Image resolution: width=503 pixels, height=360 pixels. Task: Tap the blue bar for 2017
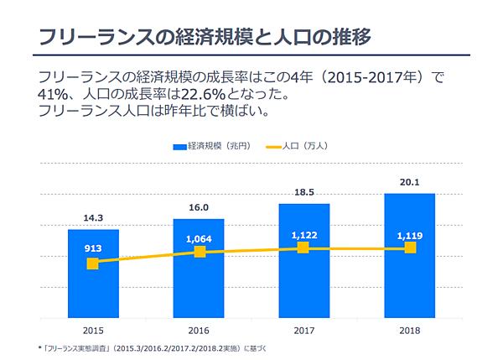point(303,277)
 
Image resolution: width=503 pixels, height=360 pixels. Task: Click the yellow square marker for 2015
point(93,263)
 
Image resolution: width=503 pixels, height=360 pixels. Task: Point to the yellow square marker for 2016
point(199,252)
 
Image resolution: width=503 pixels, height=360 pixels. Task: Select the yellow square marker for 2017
point(303,248)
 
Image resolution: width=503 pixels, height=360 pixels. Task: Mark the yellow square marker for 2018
point(410,248)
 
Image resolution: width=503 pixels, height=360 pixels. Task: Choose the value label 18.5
point(303,193)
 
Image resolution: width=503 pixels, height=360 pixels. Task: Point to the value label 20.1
point(409,182)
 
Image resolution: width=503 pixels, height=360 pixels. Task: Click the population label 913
point(93,248)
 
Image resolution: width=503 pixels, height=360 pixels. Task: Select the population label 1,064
point(199,237)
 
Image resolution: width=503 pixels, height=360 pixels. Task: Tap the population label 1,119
point(410,235)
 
